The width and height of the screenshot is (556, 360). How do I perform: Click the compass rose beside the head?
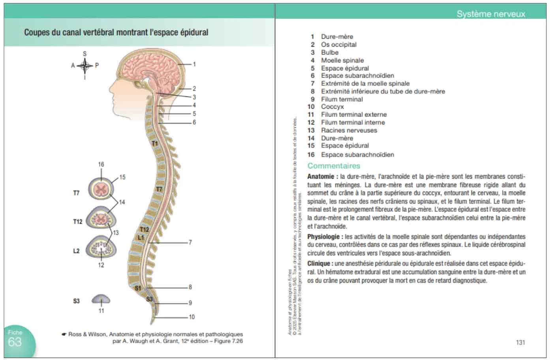[x=85, y=65]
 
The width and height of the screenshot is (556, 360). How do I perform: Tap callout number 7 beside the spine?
[x=190, y=242]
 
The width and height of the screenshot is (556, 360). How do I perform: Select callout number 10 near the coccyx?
[x=192, y=317]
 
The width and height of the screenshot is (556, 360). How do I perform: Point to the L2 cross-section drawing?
[x=101, y=249]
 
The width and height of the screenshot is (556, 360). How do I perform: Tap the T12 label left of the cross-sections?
[x=78, y=222]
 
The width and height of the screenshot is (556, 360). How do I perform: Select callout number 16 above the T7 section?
[x=101, y=164]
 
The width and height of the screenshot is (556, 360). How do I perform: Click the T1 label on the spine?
[x=155, y=143]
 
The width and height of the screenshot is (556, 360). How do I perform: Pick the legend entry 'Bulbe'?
[x=329, y=53]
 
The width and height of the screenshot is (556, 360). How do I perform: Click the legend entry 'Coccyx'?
[x=332, y=107]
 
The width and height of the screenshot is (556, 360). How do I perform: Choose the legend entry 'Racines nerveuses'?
[x=349, y=130]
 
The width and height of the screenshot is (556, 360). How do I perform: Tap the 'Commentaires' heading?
[x=334, y=166]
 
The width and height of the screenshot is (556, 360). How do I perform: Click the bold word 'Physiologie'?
[x=323, y=237]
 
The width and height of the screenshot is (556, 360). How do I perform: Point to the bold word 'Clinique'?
[x=319, y=264]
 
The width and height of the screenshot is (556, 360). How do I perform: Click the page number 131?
[x=520, y=343]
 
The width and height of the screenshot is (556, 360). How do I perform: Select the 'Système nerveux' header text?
[x=491, y=14]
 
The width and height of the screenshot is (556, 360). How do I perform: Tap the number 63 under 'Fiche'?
[x=15, y=342]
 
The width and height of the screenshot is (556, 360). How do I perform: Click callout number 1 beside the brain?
[x=194, y=64]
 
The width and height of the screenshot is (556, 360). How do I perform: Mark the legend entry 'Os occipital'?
[x=338, y=45]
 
